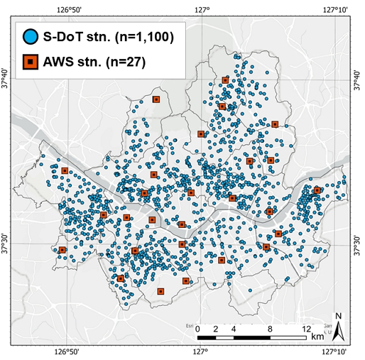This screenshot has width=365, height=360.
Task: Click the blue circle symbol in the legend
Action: [x=30, y=35]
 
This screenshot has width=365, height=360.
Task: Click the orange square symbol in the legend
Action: [x=30, y=61]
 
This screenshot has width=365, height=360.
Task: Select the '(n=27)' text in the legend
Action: [x=125, y=61]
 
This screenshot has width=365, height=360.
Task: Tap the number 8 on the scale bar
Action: [x=271, y=328]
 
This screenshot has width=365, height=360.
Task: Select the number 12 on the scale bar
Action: [x=307, y=328]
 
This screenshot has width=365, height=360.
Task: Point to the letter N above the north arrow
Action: [x=339, y=316]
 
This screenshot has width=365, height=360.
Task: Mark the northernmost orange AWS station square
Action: [x=225, y=80]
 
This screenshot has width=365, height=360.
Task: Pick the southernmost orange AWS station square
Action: [x=161, y=291]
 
